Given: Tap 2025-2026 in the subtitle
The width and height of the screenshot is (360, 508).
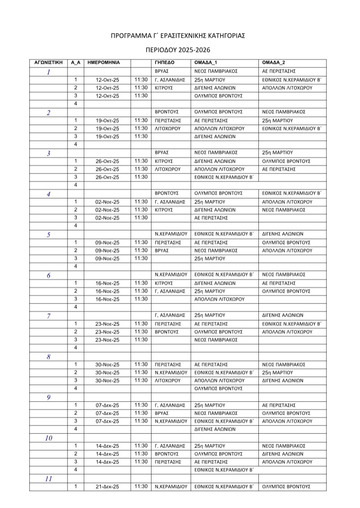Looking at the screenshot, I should (193, 50).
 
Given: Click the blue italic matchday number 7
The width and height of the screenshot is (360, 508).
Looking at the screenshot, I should (49, 316).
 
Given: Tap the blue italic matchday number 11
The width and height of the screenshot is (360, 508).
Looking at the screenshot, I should (49, 479).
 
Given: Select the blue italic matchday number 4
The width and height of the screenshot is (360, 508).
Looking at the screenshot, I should (49, 194).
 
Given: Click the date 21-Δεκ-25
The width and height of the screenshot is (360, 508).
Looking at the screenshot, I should (107, 487).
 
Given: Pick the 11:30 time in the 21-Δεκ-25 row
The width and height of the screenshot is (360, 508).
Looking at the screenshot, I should (141, 487).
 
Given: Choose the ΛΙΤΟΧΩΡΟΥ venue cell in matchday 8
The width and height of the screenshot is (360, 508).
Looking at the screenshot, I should (167, 380).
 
